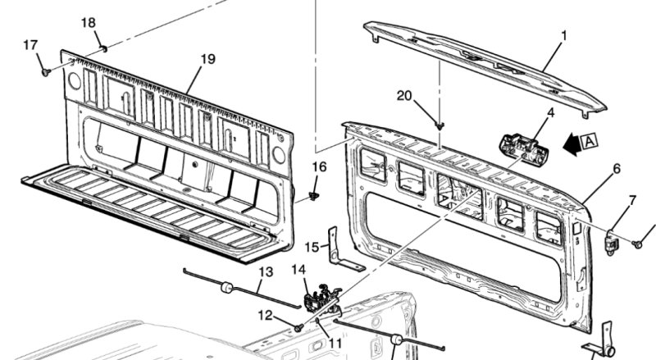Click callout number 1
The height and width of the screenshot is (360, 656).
pyautogui.click(x=563, y=36)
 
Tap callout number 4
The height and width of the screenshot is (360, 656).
pyautogui.click(x=550, y=112)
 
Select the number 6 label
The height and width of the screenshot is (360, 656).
pyautogui.click(x=617, y=169)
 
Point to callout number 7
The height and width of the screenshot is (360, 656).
pyautogui.click(x=632, y=201)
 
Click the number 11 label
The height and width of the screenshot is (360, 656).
pyautogui.click(x=335, y=344)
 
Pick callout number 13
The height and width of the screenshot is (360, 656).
pyautogui.click(x=266, y=272)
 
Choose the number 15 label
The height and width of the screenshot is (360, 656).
pyautogui.click(x=312, y=247)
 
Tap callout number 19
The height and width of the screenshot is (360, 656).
pyautogui.click(x=207, y=59)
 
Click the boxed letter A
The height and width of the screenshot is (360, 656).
pyautogui.click(x=589, y=141)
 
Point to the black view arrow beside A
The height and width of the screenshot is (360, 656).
pyautogui.click(x=572, y=144)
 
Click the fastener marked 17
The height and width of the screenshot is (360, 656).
pyautogui.click(x=46, y=72)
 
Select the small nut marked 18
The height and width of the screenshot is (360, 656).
pyautogui.click(x=104, y=49)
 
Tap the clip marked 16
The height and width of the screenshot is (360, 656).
pyautogui.click(x=313, y=195)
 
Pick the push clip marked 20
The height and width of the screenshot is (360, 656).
pyautogui.click(x=439, y=125)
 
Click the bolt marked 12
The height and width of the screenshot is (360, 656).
pyautogui.click(x=298, y=328)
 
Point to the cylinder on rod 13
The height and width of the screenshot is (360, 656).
pyautogui.click(x=227, y=288)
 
